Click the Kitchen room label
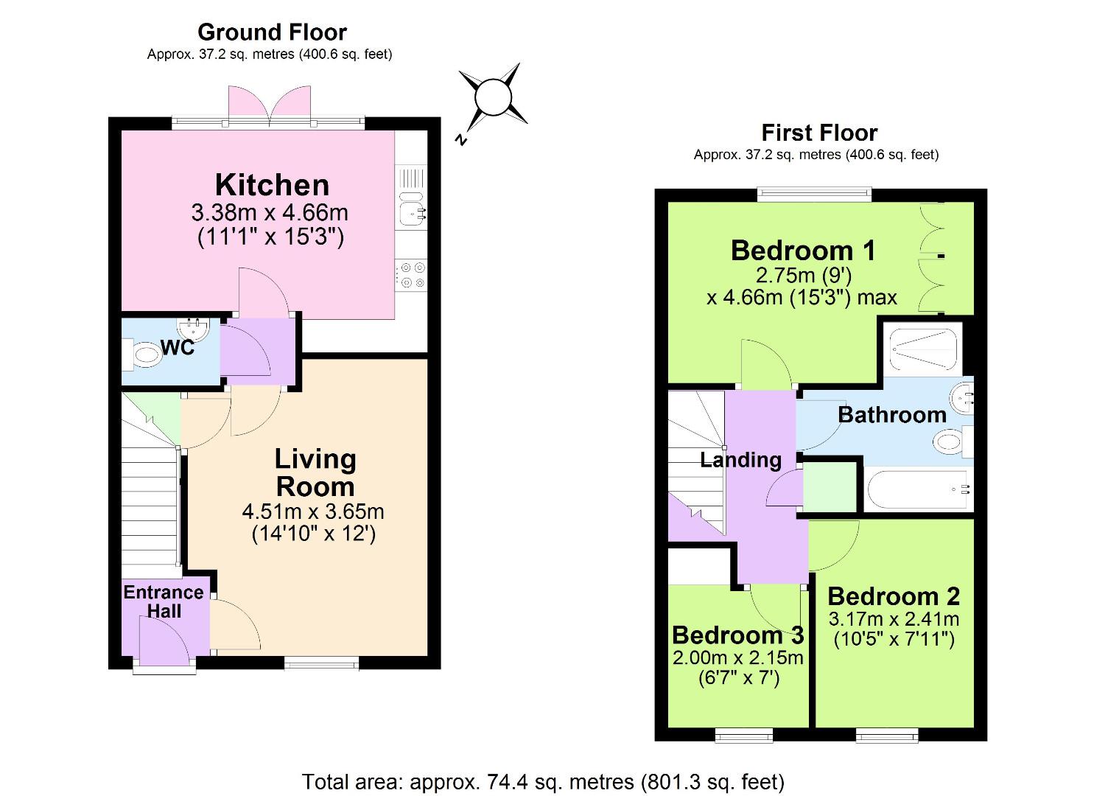[x=272, y=184]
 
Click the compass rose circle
[x=492, y=97]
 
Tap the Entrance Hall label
[x=164, y=601]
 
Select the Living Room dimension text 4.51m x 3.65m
[x=313, y=511]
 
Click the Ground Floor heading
[x=272, y=32]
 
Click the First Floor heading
[x=819, y=133]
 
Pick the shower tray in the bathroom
[x=922, y=349]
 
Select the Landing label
[x=740, y=460]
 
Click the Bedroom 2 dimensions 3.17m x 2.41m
[x=894, y=618]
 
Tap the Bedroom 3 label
[x=737, y=635]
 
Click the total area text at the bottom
[x=544, y=781]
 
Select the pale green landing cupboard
[x=830, y=486]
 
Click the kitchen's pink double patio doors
[x=269, y=102]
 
